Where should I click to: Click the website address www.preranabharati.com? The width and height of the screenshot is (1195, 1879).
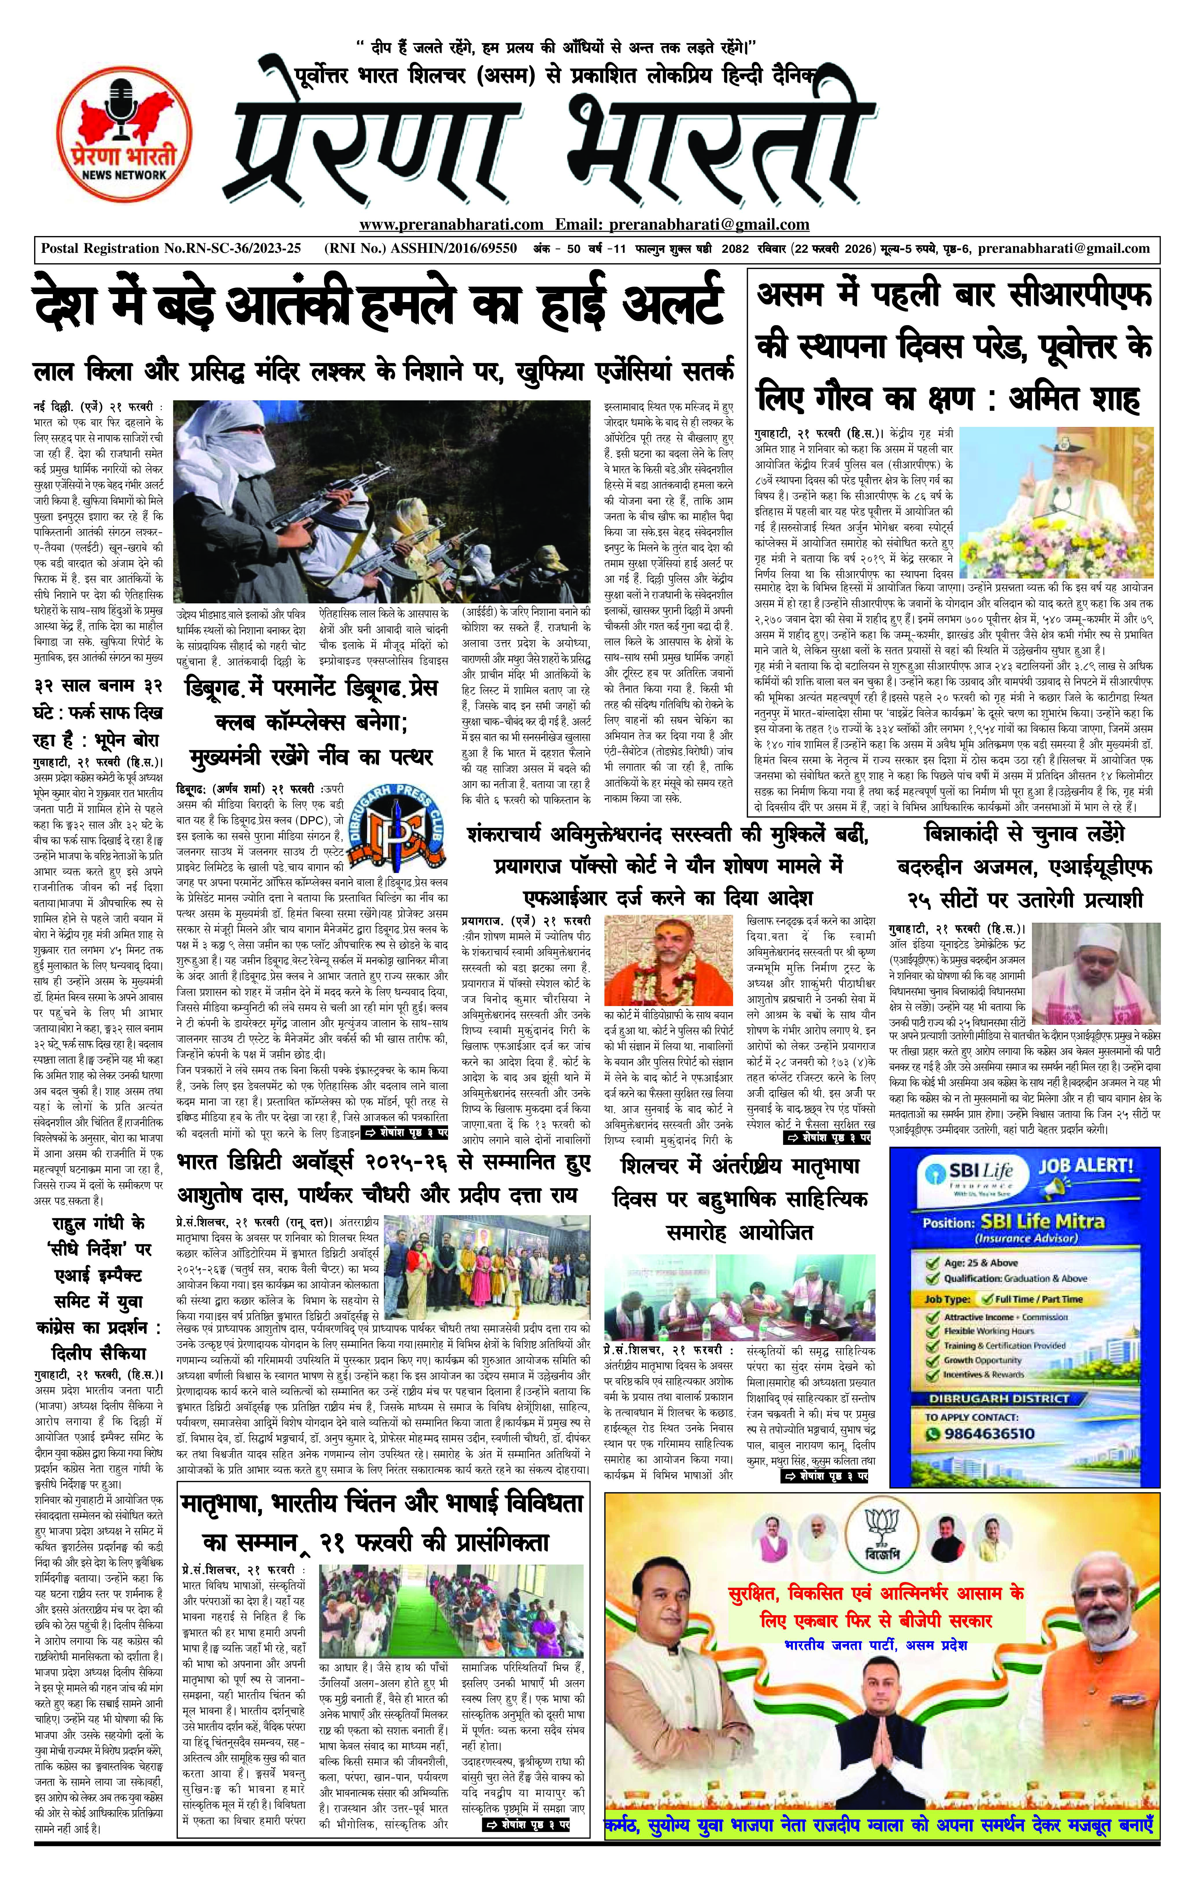[451, 225]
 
